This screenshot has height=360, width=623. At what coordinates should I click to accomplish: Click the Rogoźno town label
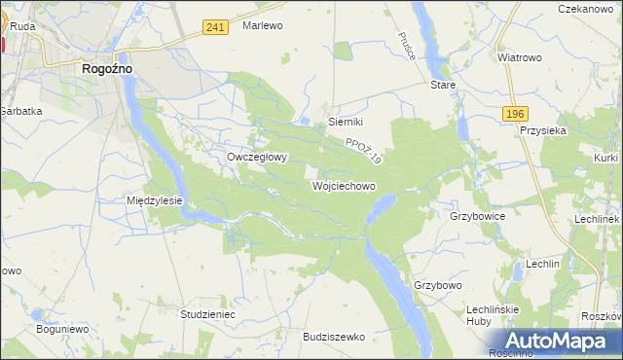click(107, 69)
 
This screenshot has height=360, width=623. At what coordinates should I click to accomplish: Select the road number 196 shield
click(516, 115)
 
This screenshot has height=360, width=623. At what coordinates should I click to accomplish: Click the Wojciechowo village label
click(344, 185)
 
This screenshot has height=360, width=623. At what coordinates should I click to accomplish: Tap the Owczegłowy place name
click(257, 156)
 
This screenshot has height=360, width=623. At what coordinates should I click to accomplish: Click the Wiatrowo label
click(519, 57)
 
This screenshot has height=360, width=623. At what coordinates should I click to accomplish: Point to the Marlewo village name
click(262, 26)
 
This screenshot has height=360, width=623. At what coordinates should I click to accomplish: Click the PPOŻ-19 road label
click(364, 150)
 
